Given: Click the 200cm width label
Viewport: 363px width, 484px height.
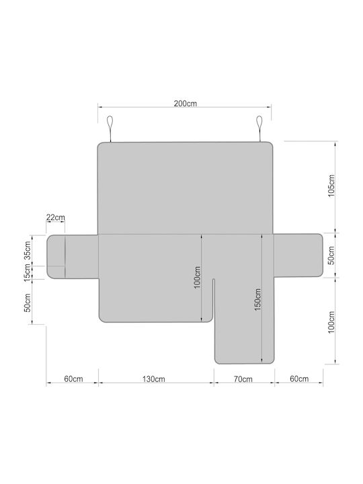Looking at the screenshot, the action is coord(186,104).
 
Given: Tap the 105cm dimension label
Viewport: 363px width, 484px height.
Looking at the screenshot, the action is coord(331,186).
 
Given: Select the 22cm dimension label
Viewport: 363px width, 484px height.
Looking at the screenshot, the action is coord(56,217).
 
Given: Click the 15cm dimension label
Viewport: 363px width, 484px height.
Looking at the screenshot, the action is coord(28,272).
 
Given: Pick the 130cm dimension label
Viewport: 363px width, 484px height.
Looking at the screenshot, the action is coord(154,379).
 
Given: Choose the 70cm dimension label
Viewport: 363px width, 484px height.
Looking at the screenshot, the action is coord(243,379).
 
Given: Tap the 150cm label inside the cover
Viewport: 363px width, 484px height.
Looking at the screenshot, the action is coord(257,299).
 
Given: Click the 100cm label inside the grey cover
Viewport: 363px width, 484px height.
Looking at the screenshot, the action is coord(197,278).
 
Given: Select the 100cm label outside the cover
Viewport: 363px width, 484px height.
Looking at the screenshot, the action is coord(331,322).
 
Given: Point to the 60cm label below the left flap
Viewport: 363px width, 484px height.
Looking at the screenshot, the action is coord(73,378).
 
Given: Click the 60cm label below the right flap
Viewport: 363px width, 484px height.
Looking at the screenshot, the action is coord(299,378).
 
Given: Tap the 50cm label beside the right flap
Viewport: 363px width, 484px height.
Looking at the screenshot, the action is coord(331,255).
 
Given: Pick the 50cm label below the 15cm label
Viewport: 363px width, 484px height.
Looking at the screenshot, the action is coord(28,302).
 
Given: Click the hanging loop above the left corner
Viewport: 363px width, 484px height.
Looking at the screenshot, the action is coord(110,129).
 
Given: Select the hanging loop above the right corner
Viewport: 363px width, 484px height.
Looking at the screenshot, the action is coord(259,129).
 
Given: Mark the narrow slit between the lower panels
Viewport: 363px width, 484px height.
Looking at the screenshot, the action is coord(213,299).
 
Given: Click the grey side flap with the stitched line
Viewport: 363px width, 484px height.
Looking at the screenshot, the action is coord(73,257).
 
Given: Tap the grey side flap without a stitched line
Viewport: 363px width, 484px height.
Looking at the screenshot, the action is coord(298,255).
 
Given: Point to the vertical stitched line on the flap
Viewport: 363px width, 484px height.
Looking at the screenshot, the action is coord(65,257).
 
